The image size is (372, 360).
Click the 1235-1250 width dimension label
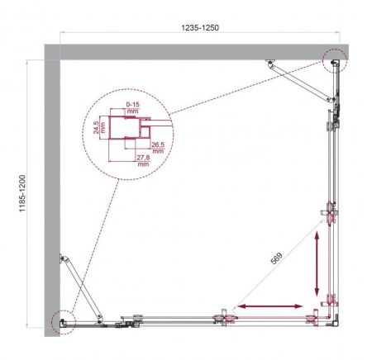click(x=200, y=26)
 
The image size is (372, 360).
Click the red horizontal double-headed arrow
click(x=269, y=306)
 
